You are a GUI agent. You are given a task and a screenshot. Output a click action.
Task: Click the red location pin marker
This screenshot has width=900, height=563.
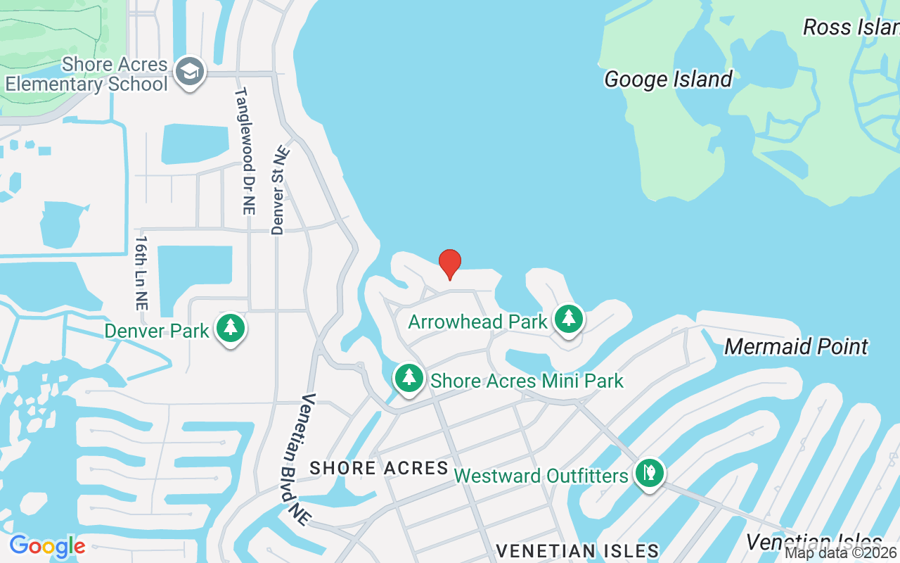(450, 264)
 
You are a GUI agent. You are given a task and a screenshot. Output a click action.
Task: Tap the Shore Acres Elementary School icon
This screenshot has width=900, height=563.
(189, 72)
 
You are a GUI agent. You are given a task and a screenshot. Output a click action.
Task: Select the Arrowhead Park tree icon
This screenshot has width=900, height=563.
(569, 320)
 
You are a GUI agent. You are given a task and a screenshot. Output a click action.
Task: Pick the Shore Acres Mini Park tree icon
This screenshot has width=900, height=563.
(409, 379)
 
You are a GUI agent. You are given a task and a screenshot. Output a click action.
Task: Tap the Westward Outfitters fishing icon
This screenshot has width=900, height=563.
(650, 474)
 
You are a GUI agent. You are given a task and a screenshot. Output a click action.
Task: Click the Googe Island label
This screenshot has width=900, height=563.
(668, 79)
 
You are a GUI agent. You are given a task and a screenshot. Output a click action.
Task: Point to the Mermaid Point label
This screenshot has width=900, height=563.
(796, 346)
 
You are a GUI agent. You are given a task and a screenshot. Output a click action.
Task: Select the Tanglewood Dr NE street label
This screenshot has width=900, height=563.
(245, 151)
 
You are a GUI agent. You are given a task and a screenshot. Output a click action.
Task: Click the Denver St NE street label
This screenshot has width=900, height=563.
(279, 190)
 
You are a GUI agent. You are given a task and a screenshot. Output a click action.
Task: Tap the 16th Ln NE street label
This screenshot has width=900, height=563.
(141, 273)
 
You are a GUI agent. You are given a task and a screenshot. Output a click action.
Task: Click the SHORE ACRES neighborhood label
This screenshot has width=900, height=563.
(379, 468)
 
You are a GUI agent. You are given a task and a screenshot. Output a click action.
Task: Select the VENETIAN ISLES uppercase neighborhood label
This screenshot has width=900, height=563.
(578, 550)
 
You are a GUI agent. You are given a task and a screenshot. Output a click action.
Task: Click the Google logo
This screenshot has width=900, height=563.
(47, 545)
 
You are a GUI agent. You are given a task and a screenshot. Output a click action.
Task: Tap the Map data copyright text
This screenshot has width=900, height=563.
(841, 553)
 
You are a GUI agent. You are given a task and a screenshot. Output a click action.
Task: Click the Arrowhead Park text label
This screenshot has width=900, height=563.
(477, 322)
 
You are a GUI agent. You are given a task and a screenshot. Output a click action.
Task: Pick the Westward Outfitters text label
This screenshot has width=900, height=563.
(541, 476)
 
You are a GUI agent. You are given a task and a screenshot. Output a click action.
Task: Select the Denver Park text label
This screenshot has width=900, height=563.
(157, 331)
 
